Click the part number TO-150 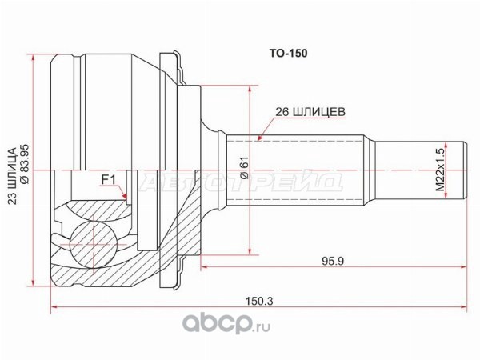point(288,54)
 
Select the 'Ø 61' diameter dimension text point(244,167)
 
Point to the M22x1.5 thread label point(440,170)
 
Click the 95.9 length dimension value point(333,261)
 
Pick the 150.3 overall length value point(259,302)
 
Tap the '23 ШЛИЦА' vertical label point(12,176)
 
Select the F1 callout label point(109,181)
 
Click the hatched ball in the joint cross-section point(94,245)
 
